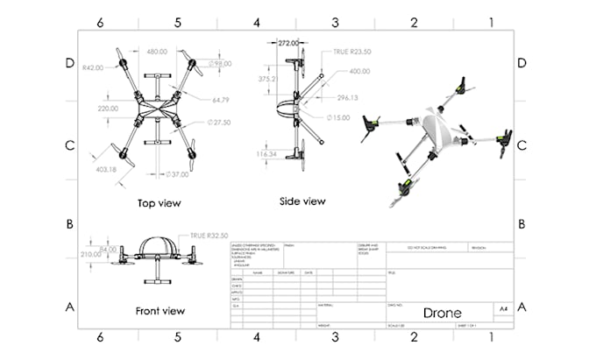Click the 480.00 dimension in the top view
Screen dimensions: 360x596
[158, 52]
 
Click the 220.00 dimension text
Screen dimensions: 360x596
[108, 108]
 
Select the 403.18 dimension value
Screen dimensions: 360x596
[104, 169]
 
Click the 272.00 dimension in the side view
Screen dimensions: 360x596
[291, 42]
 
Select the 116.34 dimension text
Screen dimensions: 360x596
[267, 154]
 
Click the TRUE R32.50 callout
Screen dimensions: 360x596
[209, 236]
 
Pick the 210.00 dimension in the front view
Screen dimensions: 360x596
[92, 254]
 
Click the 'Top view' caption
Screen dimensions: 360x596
[159, 203]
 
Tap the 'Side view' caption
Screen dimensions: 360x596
[302, 201]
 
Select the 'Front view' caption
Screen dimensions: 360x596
[160, 310]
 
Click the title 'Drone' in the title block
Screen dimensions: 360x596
[442, 313]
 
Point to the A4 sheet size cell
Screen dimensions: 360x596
[502, 309]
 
